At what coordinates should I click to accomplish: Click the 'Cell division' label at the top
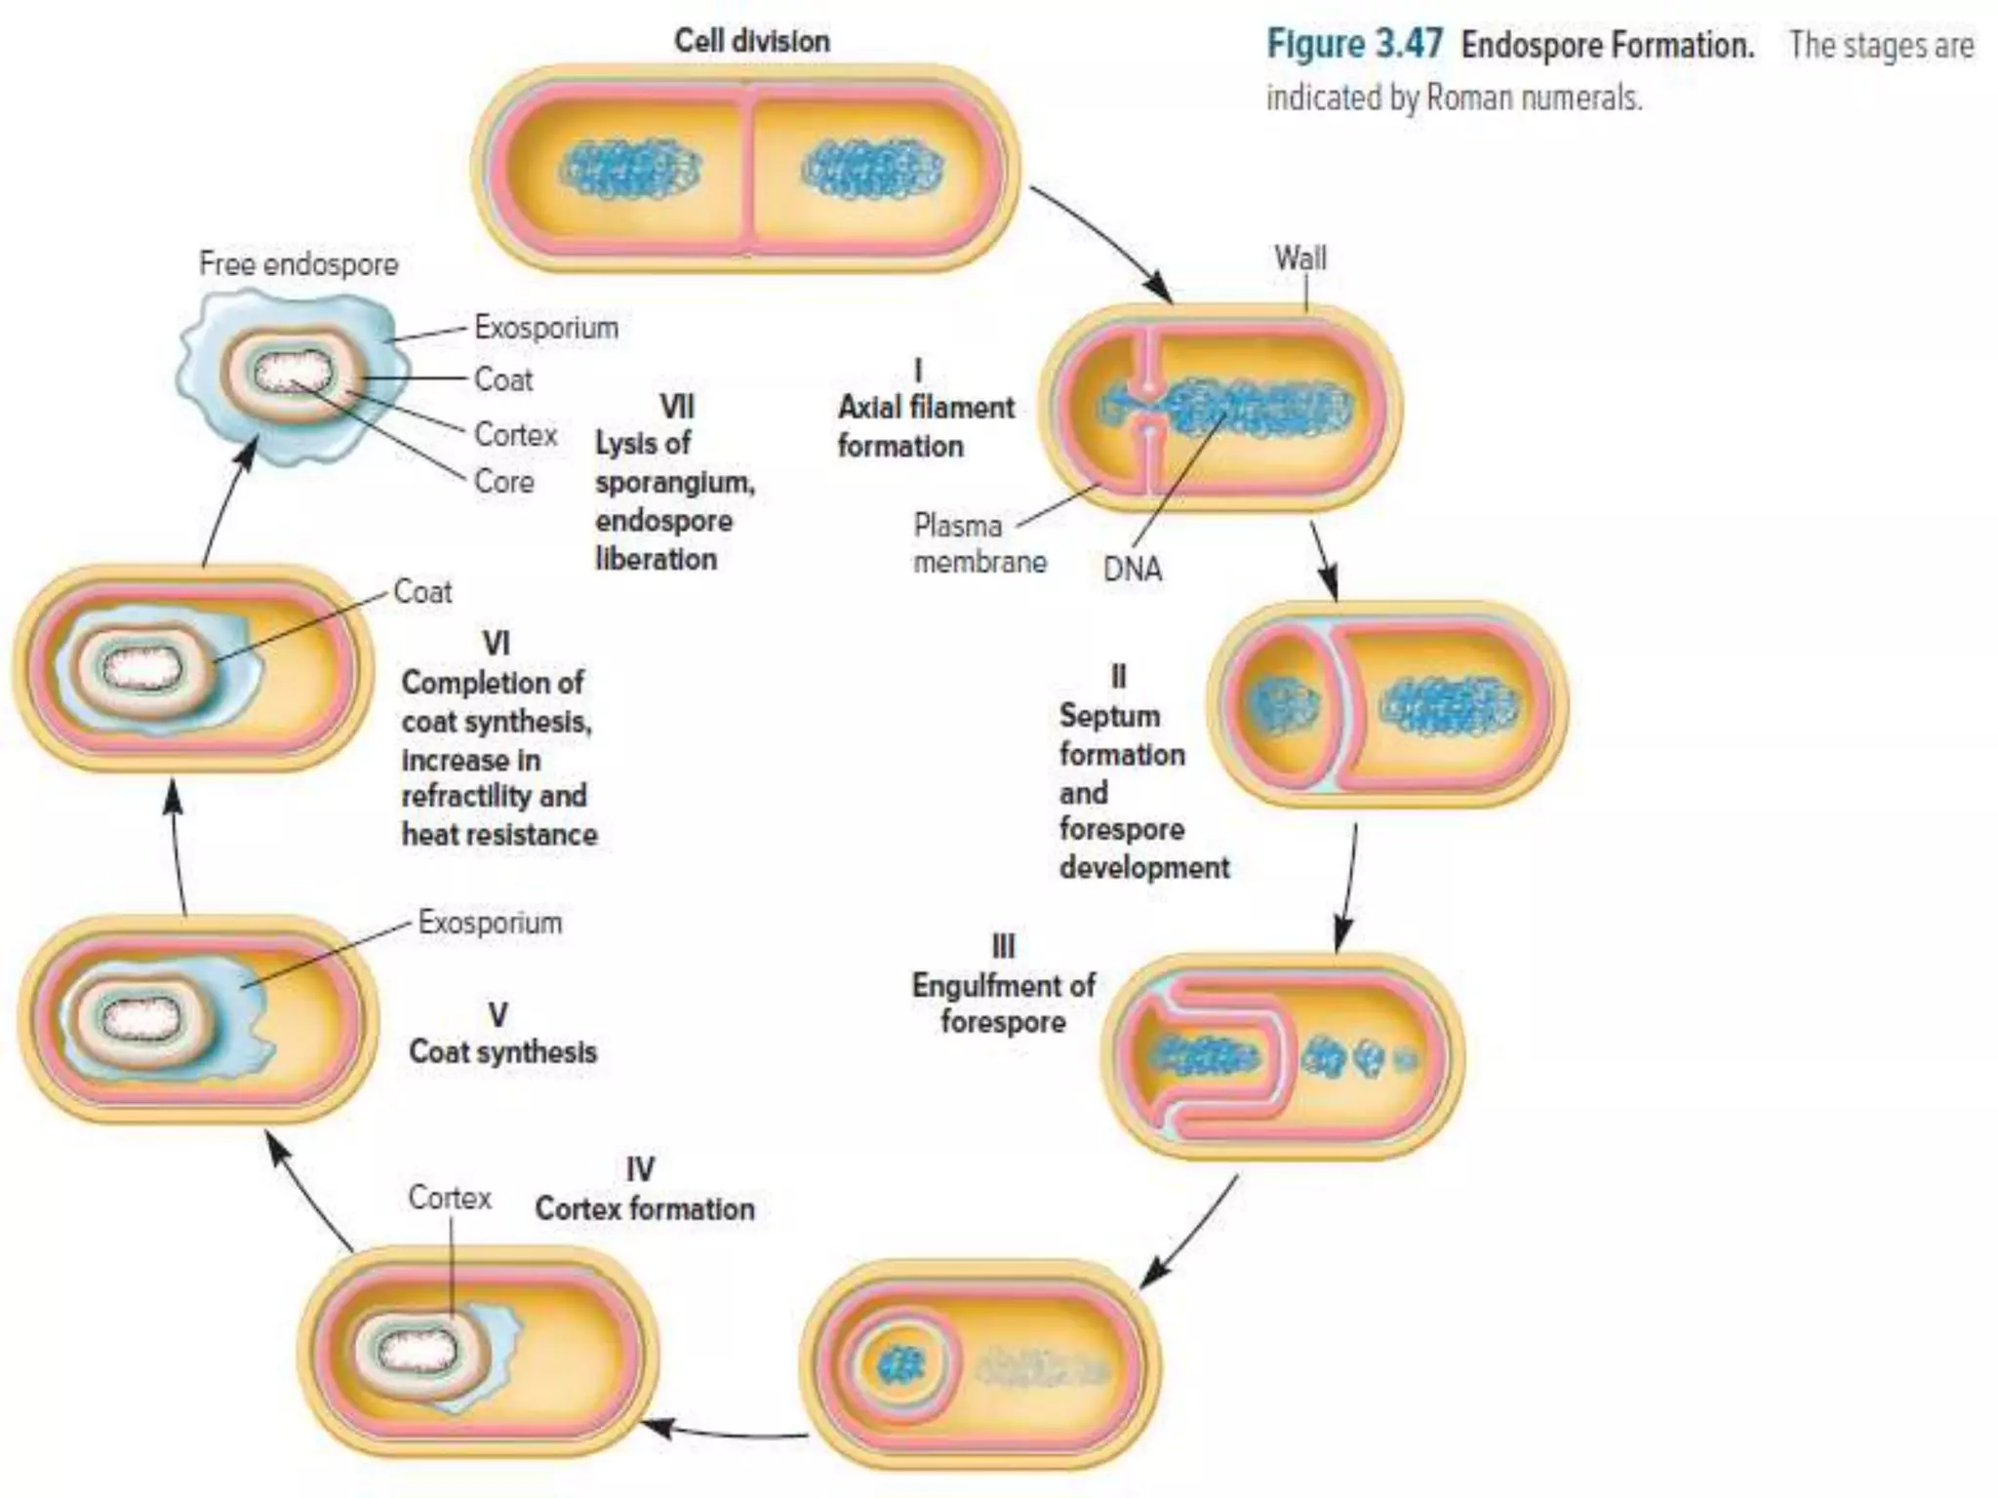click(x=752, y=41)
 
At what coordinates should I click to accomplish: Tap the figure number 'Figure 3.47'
click(x=1354, y=45)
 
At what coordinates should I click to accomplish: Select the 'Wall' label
click(x=1300, y=258)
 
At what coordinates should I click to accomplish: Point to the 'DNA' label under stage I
click(x=1133, y=569)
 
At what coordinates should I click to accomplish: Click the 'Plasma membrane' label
click(x=979, y=543)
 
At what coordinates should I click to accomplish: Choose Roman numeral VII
click(x=676, y=406)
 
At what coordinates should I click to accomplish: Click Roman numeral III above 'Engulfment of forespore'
click(x=1003, y=946)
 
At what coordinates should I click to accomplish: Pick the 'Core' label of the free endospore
click(x=504, y=481)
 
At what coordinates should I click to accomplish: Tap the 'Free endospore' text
click(x=299, y=263)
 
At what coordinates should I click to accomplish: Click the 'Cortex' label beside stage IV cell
click(x=450, y=1198)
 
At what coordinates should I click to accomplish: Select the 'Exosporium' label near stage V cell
click(x=490, y=923)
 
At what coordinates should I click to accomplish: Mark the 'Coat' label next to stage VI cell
click(x=422, y=591)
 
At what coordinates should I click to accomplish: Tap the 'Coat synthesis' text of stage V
click(x=502, y=1051)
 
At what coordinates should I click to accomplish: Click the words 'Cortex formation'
click(x=645, y=1209)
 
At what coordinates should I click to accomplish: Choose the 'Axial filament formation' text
click(x=925, y=426)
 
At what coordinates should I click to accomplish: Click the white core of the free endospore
click(x=293, y=374)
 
